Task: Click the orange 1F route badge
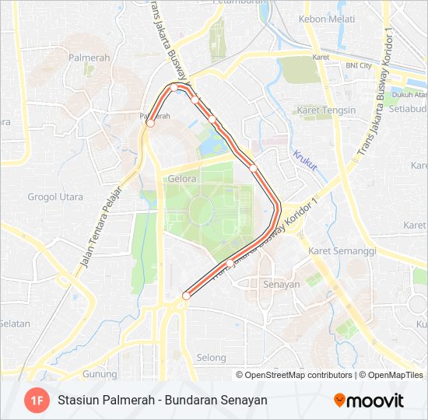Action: [x=36, y=401]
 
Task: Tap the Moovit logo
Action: [x=369, y=401]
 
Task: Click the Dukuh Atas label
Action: [x=408, y=95]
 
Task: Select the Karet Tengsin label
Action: [x=326, y=110]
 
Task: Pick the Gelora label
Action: [x=182, y=178]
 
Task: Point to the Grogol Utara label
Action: [x=55, y=197]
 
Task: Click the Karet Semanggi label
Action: [x=342, y=251]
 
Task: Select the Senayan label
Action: [x=282, y=285]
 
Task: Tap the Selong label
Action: [x=211, y=359]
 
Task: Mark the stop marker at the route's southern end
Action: [x=186, y=296]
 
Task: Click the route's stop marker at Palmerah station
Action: [x=150, y=123]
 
